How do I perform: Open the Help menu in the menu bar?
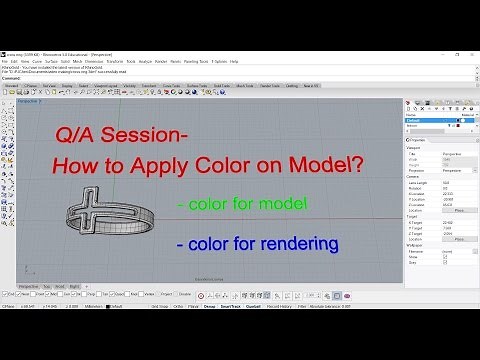(x=234, y=61)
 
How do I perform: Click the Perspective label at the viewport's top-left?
(x=28, y=101)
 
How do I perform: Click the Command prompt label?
(x=11, y=78)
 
